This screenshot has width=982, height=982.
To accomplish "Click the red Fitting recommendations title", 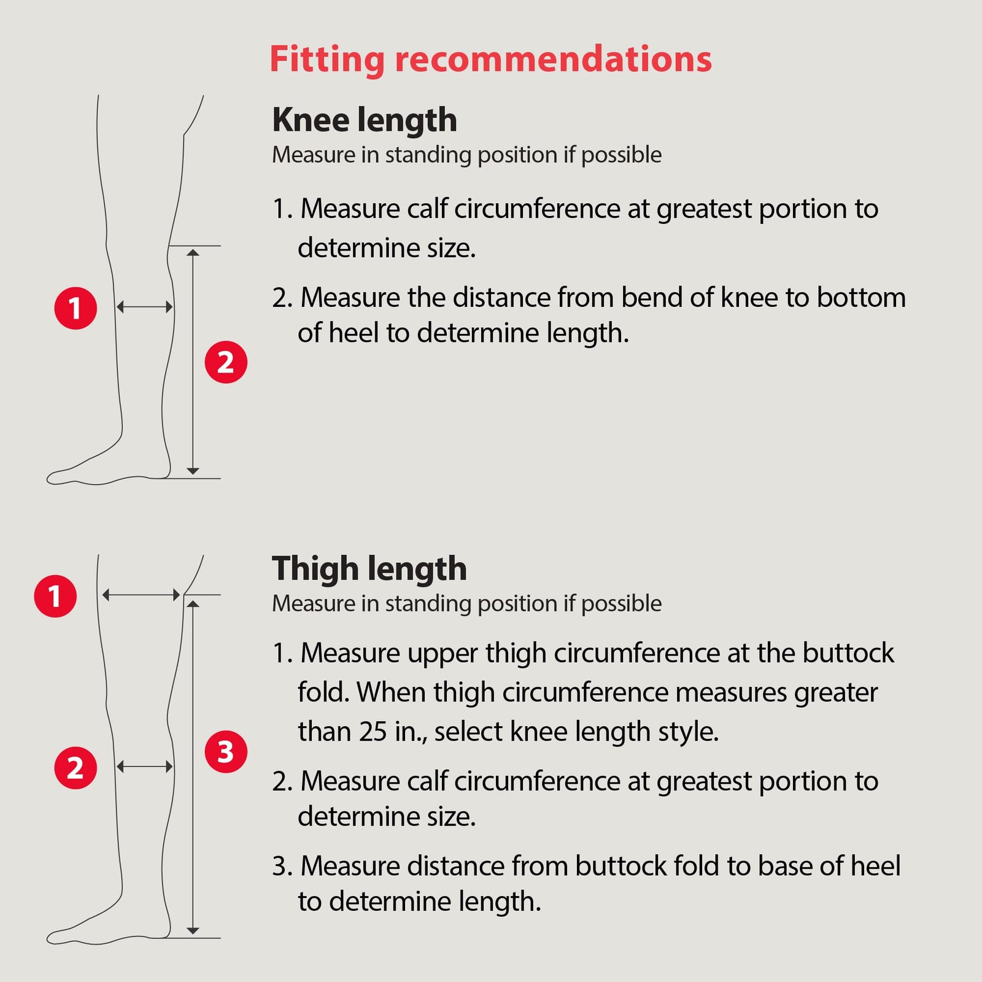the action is point(490,60).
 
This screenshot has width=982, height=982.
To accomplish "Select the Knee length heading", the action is point(365,120).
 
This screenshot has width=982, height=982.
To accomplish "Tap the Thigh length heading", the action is point(369,569).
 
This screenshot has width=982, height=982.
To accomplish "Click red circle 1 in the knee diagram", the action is point(75,308).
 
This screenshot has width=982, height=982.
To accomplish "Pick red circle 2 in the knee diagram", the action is point(226,362).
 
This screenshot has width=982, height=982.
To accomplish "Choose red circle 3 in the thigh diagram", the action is point(226,751).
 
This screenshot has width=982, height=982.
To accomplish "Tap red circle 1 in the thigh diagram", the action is point(55,596).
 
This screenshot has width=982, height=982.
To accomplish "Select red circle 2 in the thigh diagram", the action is point(75,768).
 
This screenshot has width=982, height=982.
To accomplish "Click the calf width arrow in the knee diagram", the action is point(144,307).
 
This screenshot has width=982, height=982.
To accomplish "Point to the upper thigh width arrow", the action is point(141,595).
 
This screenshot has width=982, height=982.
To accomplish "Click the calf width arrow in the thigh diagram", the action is point(144,767).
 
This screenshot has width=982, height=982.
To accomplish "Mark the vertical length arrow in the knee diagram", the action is point(193,362).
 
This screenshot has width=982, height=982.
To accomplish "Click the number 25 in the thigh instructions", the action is point(374,732).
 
